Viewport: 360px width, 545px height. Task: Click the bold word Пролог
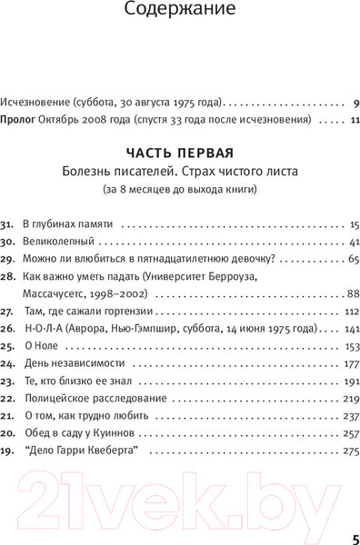coord(19,119)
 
